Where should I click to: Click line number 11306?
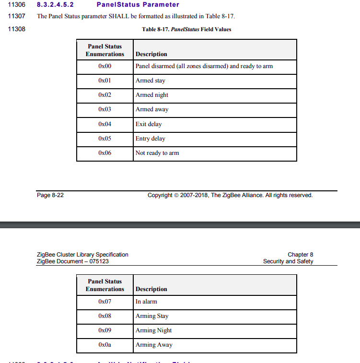(17, 5)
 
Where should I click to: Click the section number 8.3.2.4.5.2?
(55, 5)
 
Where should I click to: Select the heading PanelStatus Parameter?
(138, 5)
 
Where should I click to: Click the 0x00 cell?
(105, 66)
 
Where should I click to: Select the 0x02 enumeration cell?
(105, 95)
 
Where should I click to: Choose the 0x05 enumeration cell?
(105, 139)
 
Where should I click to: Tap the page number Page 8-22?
(50, 195)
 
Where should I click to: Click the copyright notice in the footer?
(230, 195)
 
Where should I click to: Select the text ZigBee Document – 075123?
(76, 261)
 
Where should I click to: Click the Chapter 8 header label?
(300, 255)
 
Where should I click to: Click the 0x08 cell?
(105, 316)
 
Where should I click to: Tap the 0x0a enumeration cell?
(105, 345)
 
